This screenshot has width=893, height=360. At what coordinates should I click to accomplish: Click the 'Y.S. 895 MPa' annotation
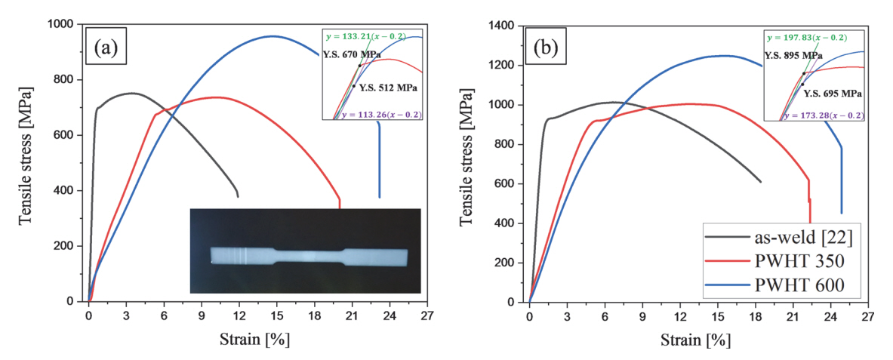coord(793,55)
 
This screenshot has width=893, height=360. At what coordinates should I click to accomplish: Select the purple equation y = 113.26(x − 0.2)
coord(380,115)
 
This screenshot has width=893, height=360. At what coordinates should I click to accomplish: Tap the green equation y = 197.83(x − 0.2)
coord(806,37)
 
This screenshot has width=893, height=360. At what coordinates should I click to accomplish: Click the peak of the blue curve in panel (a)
coord(273,35)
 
